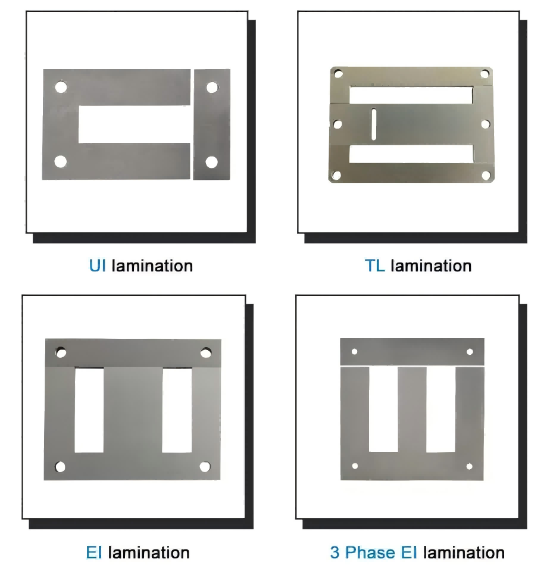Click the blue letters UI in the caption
coord(98,266)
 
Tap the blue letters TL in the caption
coord(374,266)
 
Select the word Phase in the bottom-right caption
coord(370,553)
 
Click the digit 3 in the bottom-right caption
coord(335,553)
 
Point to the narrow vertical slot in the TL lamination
coord(374,124)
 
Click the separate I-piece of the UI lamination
coord(212,124)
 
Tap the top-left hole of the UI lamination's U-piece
coord(61,87)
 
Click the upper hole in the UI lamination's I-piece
coord(212,88)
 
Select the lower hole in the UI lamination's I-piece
coord(211,162)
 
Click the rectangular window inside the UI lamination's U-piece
coord(135,124)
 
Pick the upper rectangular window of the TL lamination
coord(411,95)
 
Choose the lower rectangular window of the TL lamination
coord(411,154)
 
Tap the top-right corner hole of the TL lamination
coord(485,74)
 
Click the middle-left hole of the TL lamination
coord(337,124)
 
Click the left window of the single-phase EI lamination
coord(89,410)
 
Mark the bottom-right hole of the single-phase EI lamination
coord(205,466)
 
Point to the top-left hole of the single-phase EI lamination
coord(61,352)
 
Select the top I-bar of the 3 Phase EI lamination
coord(412,351)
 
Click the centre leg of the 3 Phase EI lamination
coord(412,410)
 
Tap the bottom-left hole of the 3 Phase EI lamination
coord(355,466)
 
